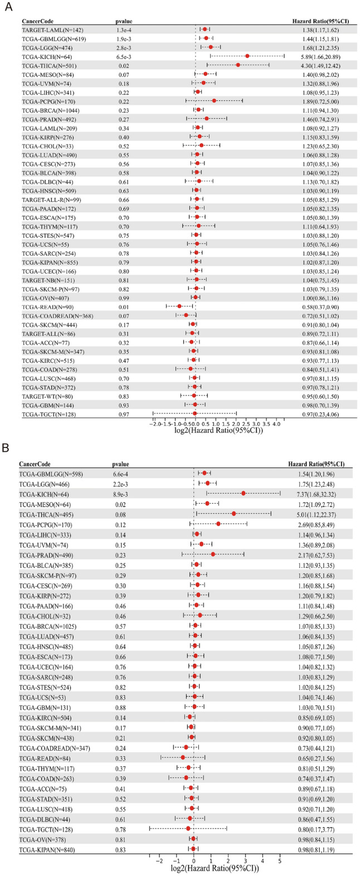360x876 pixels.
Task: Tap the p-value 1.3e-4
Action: point(124,29)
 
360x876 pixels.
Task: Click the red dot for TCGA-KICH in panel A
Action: point(247,56)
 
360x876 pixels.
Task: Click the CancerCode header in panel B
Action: point(36,464)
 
